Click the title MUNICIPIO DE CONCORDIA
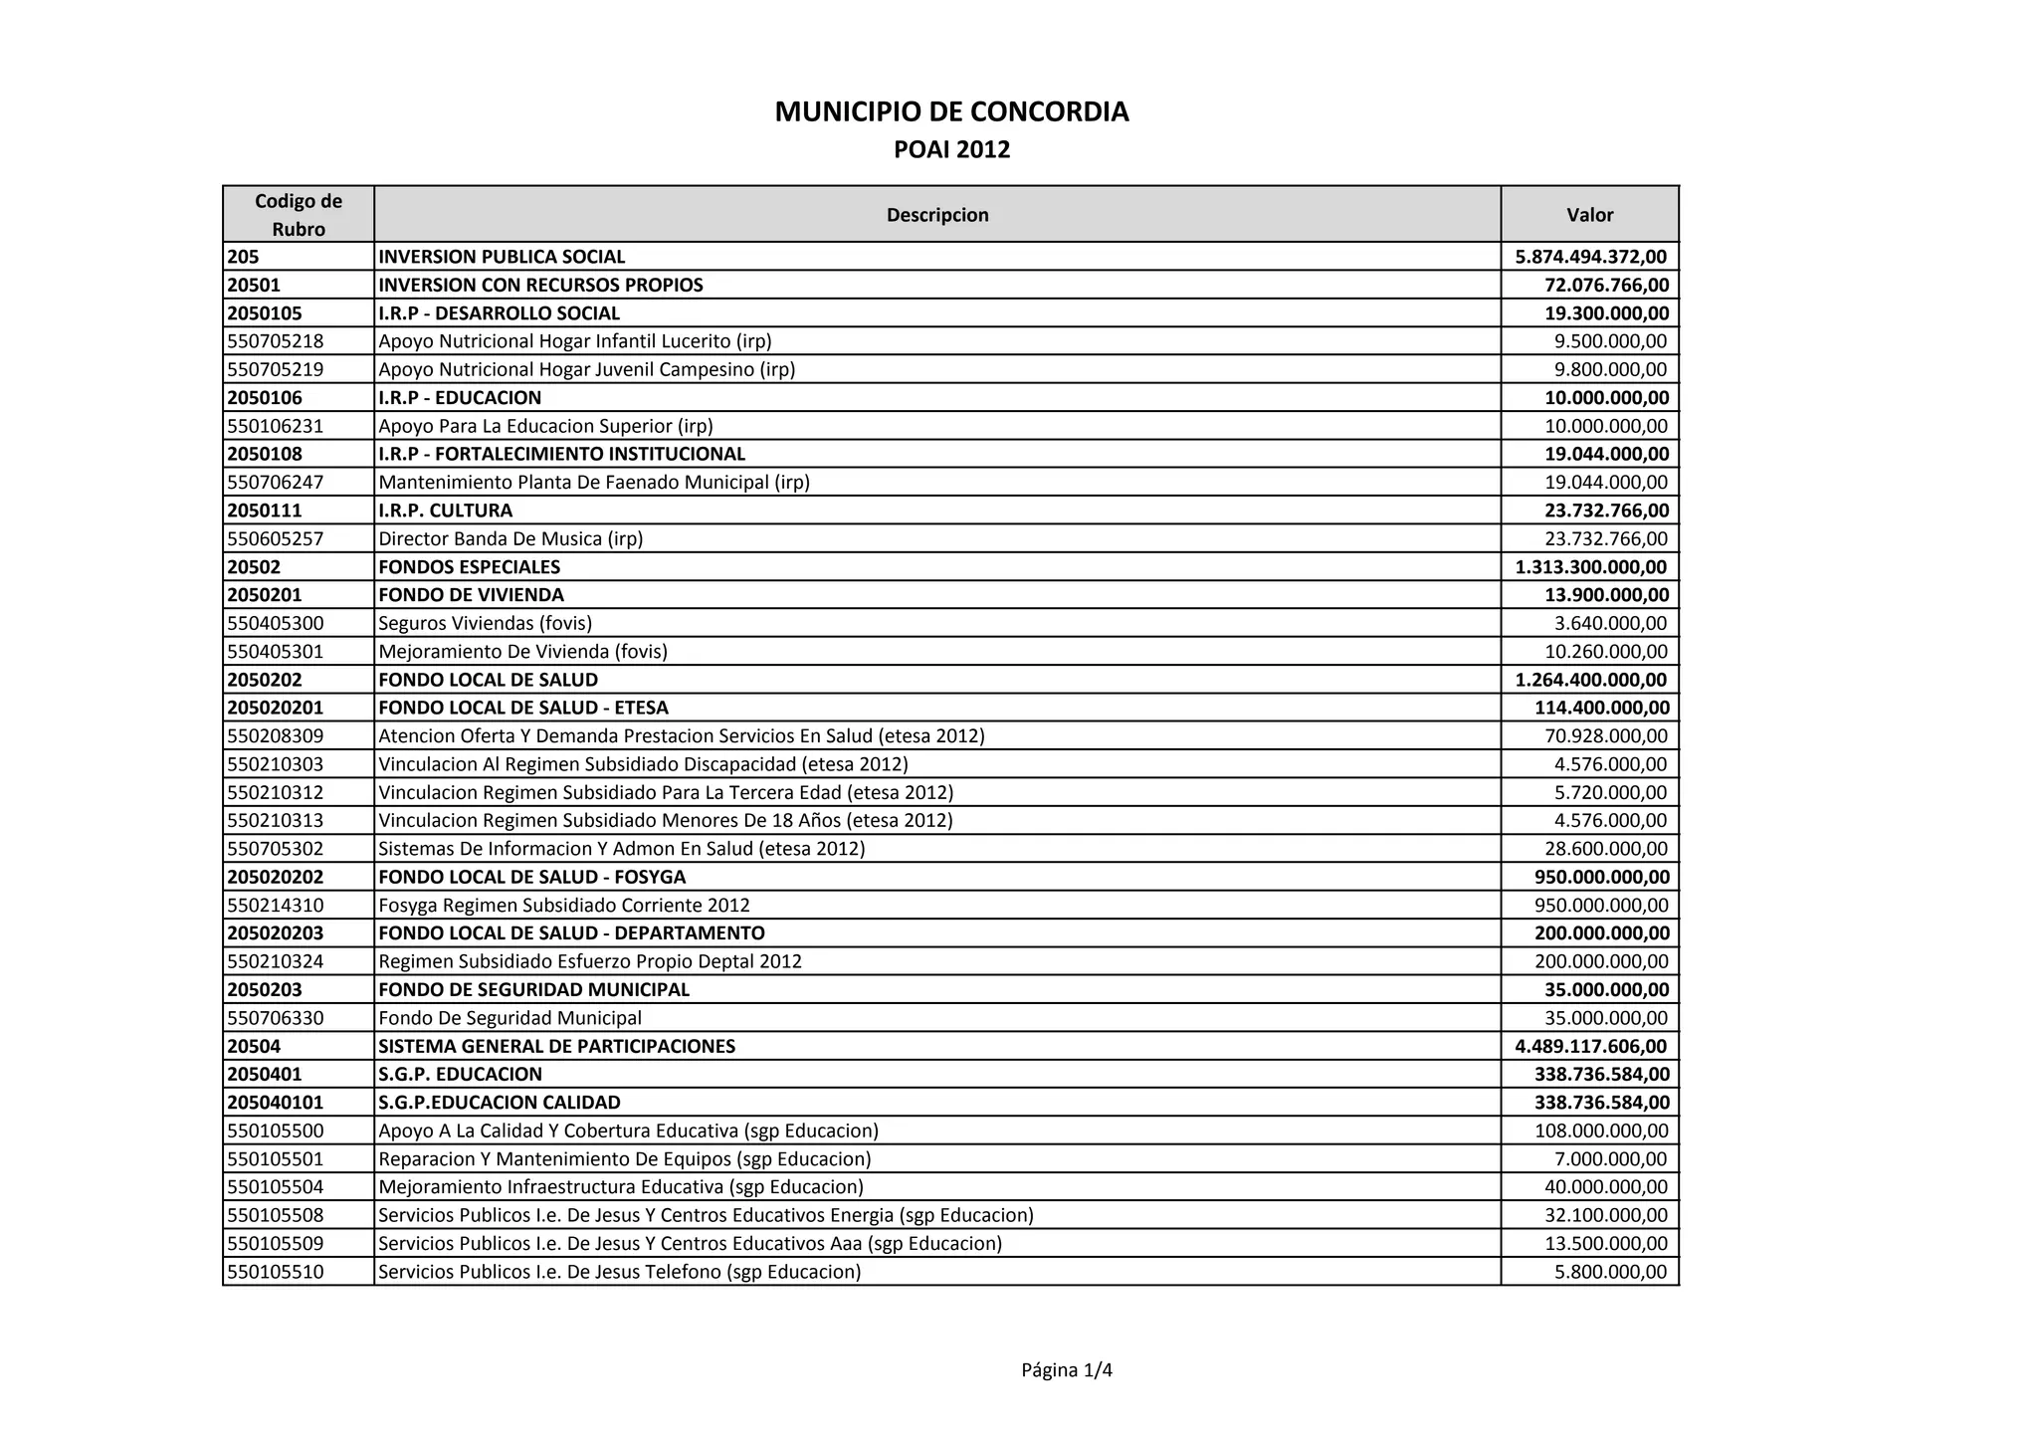pos(951,112)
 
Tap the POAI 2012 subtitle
pos(951,150)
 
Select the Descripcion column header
pos(937,215)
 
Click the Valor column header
pos(1589,215)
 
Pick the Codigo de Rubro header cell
pos(299,215)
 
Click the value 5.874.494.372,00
pos(1590,257)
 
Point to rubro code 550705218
pos(276,341)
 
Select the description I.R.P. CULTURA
pos(446,511)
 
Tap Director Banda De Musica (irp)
pos(510,538)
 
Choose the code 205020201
pos(276,708)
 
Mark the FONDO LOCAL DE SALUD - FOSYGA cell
pos(532,877)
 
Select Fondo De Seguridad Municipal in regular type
pos(509,1018)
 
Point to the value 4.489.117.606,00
pos(1590,1046)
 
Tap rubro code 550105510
pos(276,1272)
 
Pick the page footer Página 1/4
pos(1067,1370)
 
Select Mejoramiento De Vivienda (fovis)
pos(522,652)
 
